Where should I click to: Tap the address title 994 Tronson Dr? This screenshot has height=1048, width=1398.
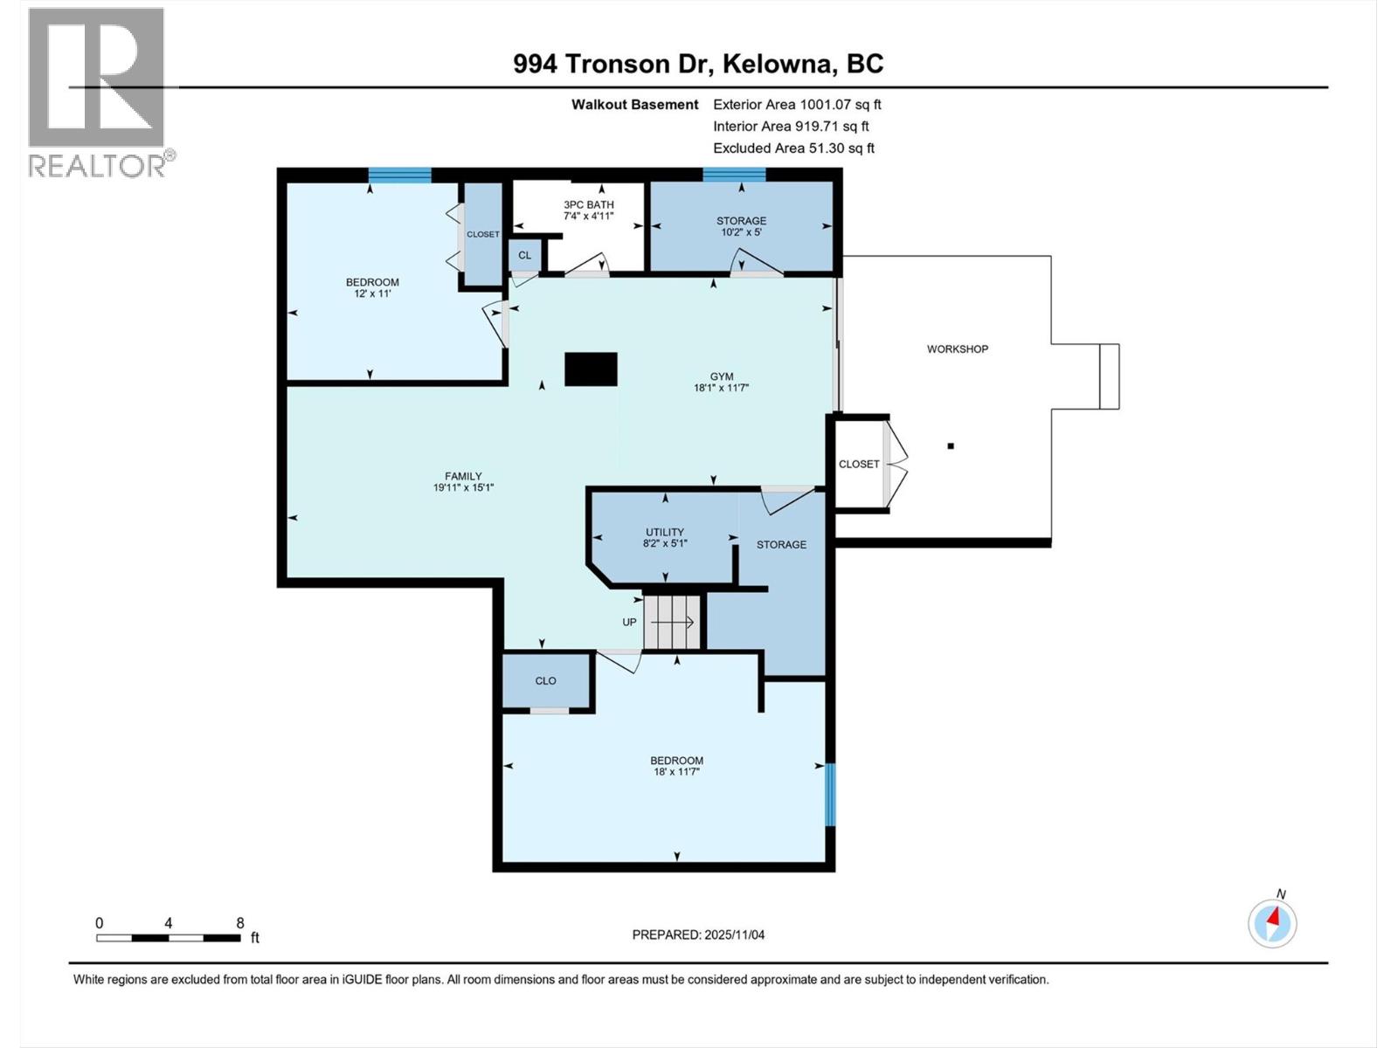click(x=698, y=64)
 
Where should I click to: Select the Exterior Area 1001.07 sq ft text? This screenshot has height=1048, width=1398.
click(x=797, y=104)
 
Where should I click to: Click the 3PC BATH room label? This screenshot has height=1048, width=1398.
click(x=588, y=205)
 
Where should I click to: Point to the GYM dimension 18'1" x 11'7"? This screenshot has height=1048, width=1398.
click(x=721, y=388)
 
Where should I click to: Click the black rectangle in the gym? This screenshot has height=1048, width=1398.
click(x=591, y=369)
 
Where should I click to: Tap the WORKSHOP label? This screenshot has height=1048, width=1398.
click(x=957, y=348)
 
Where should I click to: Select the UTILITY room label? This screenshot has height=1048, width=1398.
click(x=664, y=532)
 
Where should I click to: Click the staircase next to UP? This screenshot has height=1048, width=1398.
click(x=673, y=622)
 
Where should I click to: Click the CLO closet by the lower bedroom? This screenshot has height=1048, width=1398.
click(x=545, y=680)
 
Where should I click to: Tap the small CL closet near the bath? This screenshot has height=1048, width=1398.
click(x=524, y=255)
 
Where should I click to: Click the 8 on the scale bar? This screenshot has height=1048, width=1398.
click(x=239, y=923)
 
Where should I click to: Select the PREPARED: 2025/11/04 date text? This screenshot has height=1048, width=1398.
click(x=698, y=934)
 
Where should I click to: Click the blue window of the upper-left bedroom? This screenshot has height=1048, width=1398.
click(x=399, y=175)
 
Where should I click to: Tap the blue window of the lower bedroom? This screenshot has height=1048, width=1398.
click(x=830, y=794)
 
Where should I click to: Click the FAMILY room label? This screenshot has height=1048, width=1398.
click(x=462, y=476)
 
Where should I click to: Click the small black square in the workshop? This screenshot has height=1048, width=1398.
click(x=951, y=446)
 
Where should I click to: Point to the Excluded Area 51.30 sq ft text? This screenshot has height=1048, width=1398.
click(x=793, y=148)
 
